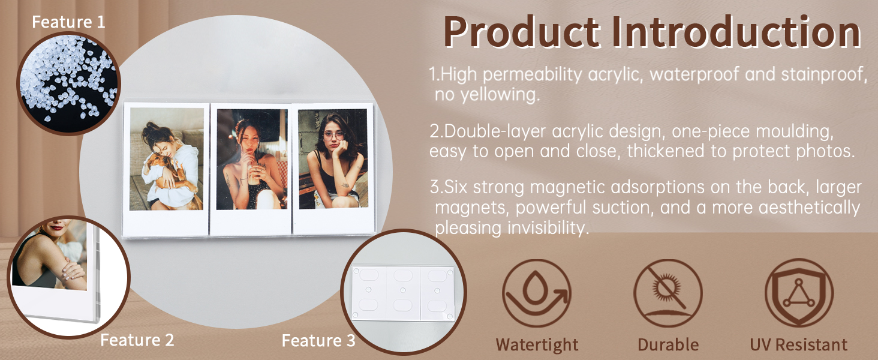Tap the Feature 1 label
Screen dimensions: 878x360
68,22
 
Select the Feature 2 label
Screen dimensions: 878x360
137,340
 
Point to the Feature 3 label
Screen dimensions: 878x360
318,340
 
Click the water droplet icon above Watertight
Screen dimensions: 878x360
537,293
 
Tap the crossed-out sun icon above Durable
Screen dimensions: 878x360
668,293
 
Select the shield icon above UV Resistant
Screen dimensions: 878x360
799,293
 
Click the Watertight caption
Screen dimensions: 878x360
537,345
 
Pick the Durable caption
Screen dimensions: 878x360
668,345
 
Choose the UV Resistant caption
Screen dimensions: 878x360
798,345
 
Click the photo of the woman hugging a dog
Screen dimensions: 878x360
167,159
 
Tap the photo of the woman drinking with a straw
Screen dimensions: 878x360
252,159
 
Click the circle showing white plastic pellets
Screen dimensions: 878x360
68,83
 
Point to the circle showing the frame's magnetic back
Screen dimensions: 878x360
404,292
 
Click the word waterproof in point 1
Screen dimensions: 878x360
694,74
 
